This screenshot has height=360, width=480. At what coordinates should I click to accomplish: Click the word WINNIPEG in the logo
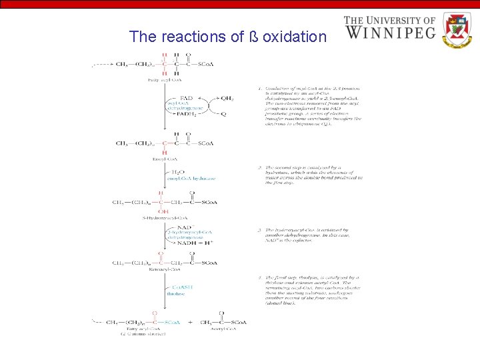coord(389,31)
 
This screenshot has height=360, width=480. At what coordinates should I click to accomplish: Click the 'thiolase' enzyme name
coord(175,291)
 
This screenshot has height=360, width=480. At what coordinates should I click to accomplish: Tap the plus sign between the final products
coord(191,322)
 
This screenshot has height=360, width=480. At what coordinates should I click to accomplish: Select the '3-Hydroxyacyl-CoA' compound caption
coord(165,217)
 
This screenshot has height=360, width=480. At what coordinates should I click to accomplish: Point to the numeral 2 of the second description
coord(259,167)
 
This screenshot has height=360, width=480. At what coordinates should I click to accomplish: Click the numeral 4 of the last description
coord(259,277)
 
